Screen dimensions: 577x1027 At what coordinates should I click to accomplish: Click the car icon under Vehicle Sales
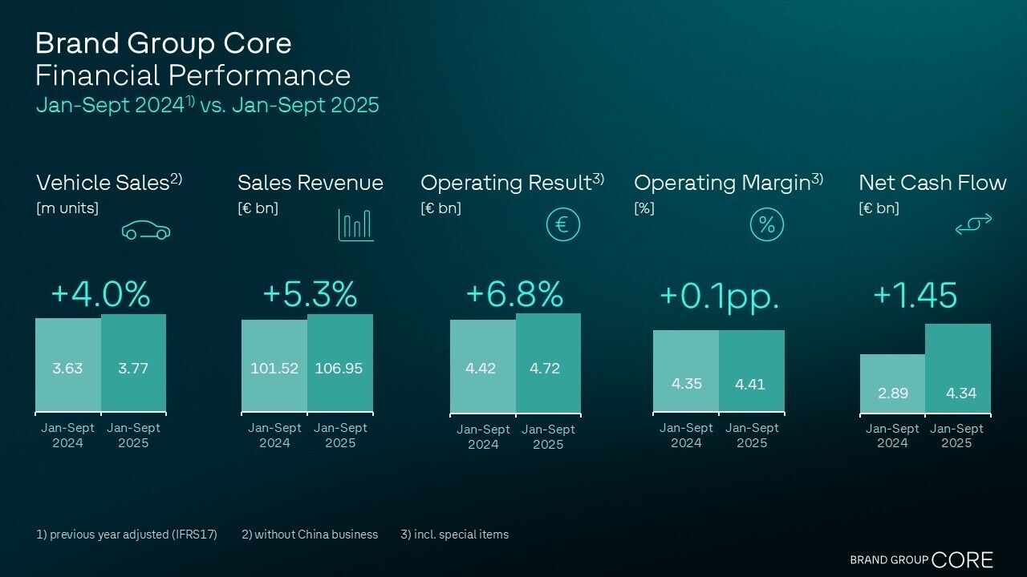click(x=146, y=232)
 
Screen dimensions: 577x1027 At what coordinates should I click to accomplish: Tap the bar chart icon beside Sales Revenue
click(x=355, y=225)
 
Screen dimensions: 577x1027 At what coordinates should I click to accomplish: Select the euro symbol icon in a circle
click(x=562, y=225)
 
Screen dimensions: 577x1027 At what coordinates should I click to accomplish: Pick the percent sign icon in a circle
click(x=766, y=225)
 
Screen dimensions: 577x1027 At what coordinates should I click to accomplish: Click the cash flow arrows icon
click(x=973, y=225)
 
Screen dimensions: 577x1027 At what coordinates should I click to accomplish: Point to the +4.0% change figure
click(x=100, y=294)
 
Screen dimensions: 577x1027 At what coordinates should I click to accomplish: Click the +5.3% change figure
click(x=310, y=294)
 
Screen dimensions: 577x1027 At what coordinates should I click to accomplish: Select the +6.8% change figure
click(x=514, y=294)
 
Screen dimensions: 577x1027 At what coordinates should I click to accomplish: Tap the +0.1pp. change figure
click(x=719, y=296)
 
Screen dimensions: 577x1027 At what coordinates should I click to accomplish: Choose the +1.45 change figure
click(x=915, y=295)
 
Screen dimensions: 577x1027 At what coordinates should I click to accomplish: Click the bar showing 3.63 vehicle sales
click(x=68, y=365)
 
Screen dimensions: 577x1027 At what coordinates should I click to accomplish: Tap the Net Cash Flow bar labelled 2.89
click(x=892, y=384)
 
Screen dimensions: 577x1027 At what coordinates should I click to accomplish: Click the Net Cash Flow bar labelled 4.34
click(x=958, y=369)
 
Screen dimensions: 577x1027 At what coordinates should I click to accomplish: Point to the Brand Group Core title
click(x=164, y=42)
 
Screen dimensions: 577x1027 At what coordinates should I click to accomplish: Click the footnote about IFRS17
click(x=127, y=535)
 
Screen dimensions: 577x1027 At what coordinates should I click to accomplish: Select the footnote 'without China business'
click(x=310, y=535)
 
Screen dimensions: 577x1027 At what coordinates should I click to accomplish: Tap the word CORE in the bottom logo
click(x=963, y=559)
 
